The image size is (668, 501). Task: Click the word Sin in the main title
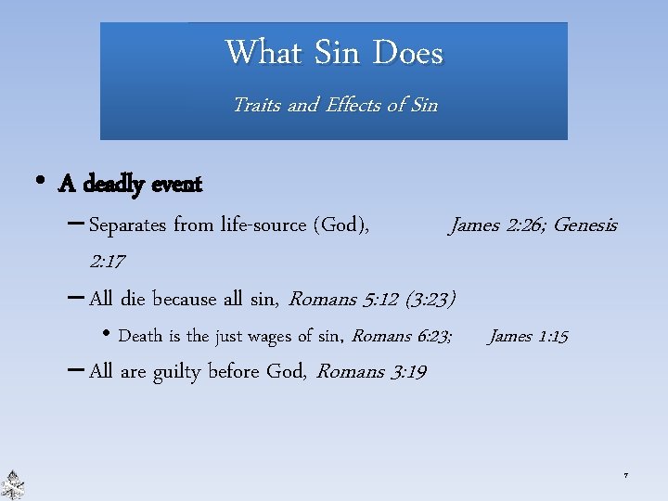[337, 52]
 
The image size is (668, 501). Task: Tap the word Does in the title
[408, 52]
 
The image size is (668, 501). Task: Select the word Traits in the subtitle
[257, 105]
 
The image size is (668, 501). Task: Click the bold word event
[173, 185]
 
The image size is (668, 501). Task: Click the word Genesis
[584, 225]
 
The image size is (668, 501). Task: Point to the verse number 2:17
[107, 262]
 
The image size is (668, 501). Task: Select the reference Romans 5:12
[344, 299]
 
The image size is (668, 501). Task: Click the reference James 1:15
[528, 336]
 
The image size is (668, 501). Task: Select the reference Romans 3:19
[371, 372]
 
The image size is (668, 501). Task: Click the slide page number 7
[625, 476]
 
